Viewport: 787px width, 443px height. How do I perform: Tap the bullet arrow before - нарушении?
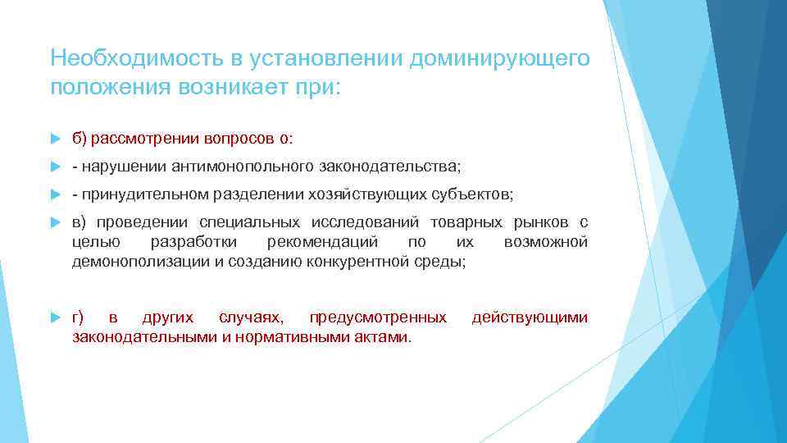click(55, 167)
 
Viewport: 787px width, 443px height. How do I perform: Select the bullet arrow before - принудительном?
click(55, 194)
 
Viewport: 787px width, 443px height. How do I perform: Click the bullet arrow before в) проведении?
click(55, 223)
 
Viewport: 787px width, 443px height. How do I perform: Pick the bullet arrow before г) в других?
click(55, 317)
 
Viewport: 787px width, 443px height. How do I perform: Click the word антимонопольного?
click(240, 167)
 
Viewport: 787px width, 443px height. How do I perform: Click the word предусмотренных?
click(377, 317)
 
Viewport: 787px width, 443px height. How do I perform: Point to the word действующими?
click(530, 317)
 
